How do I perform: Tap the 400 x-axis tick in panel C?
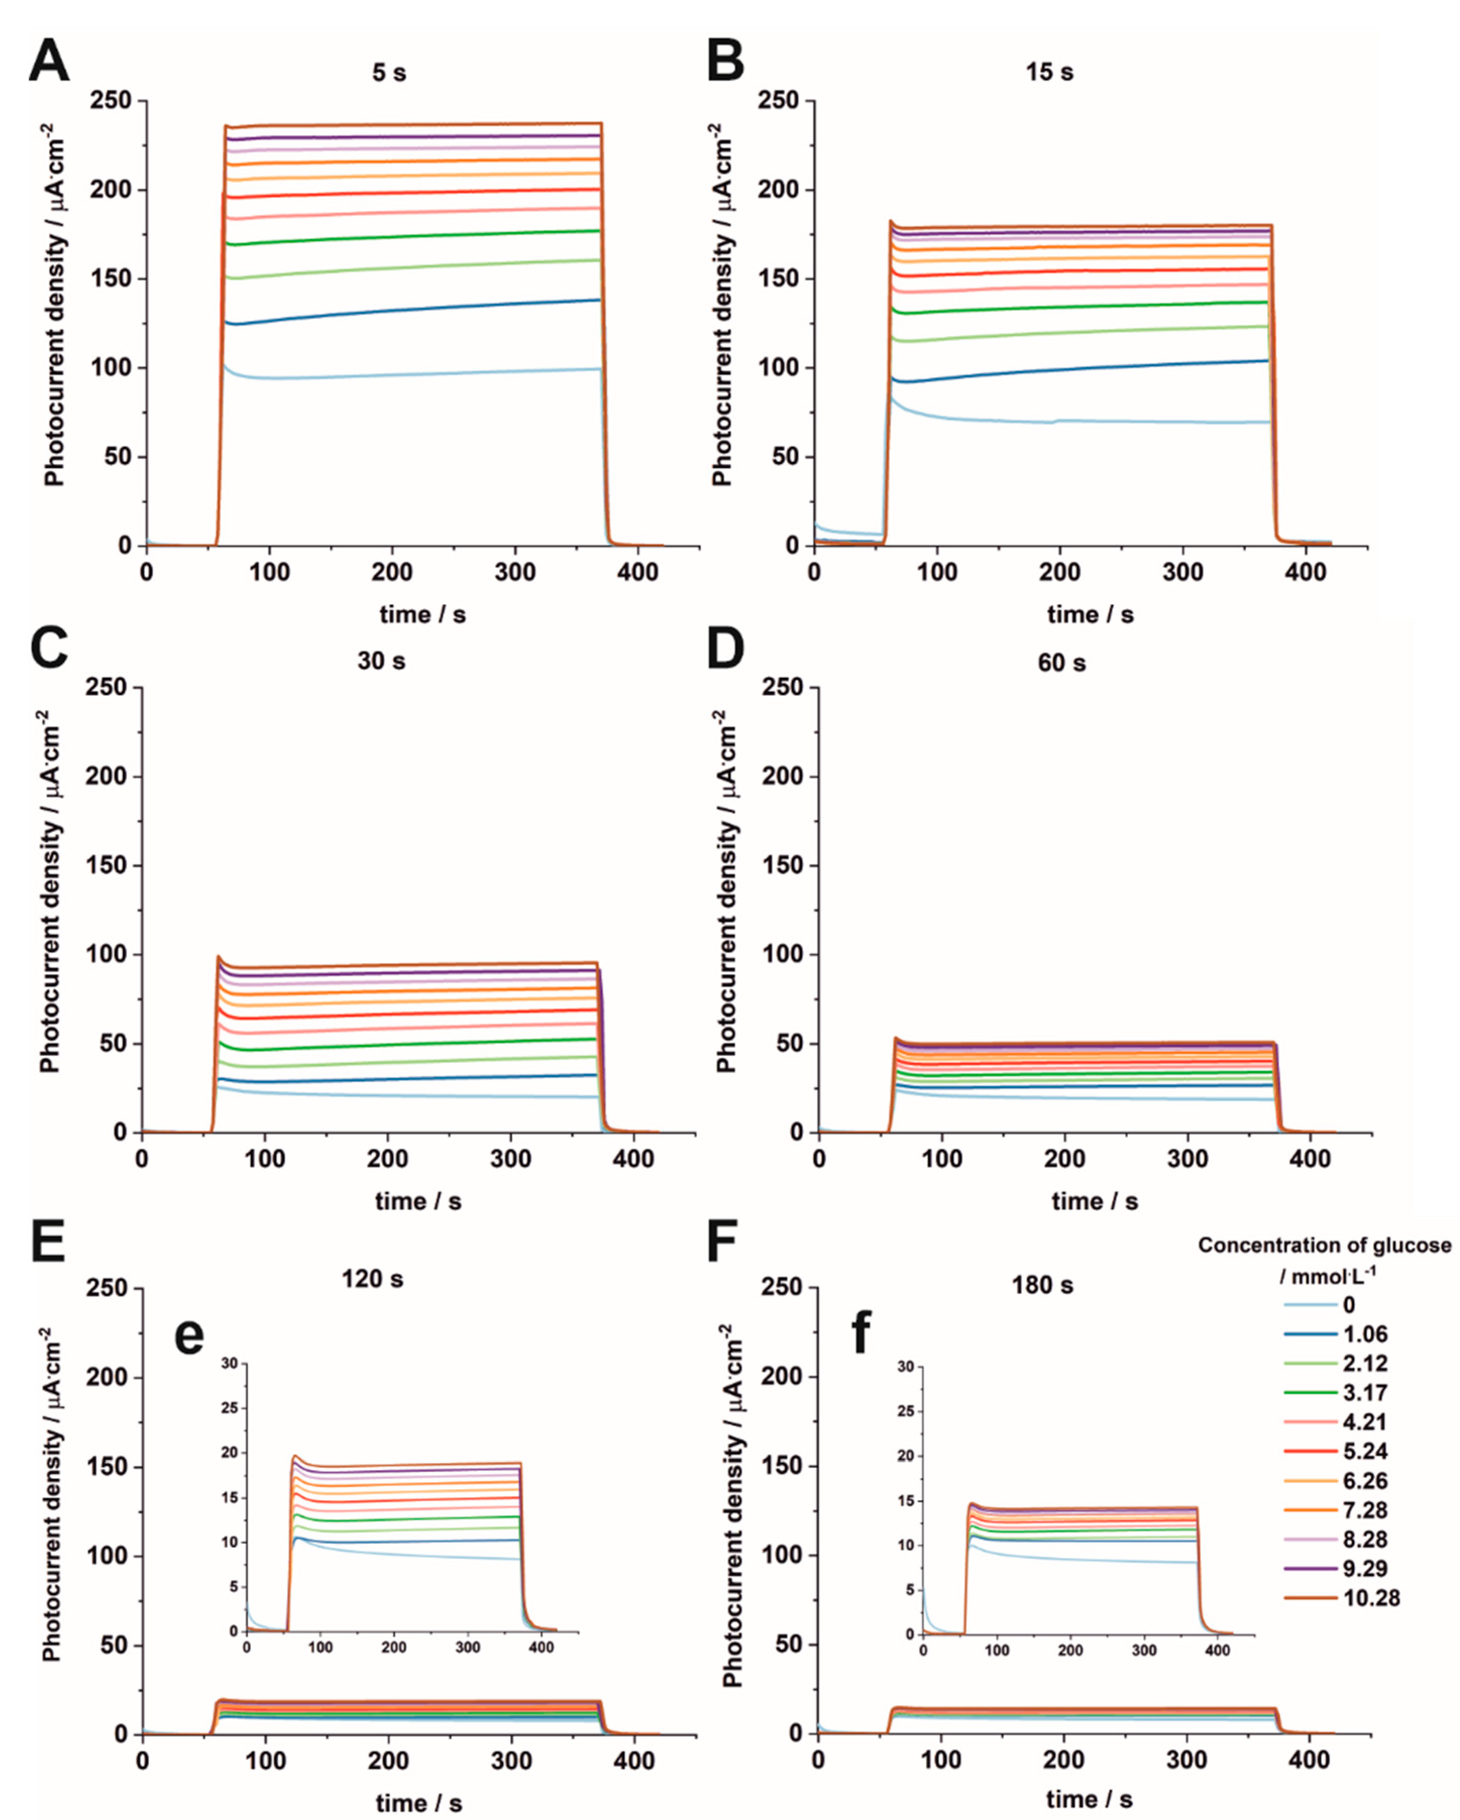pyautogui.click(x=633, y=1158)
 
